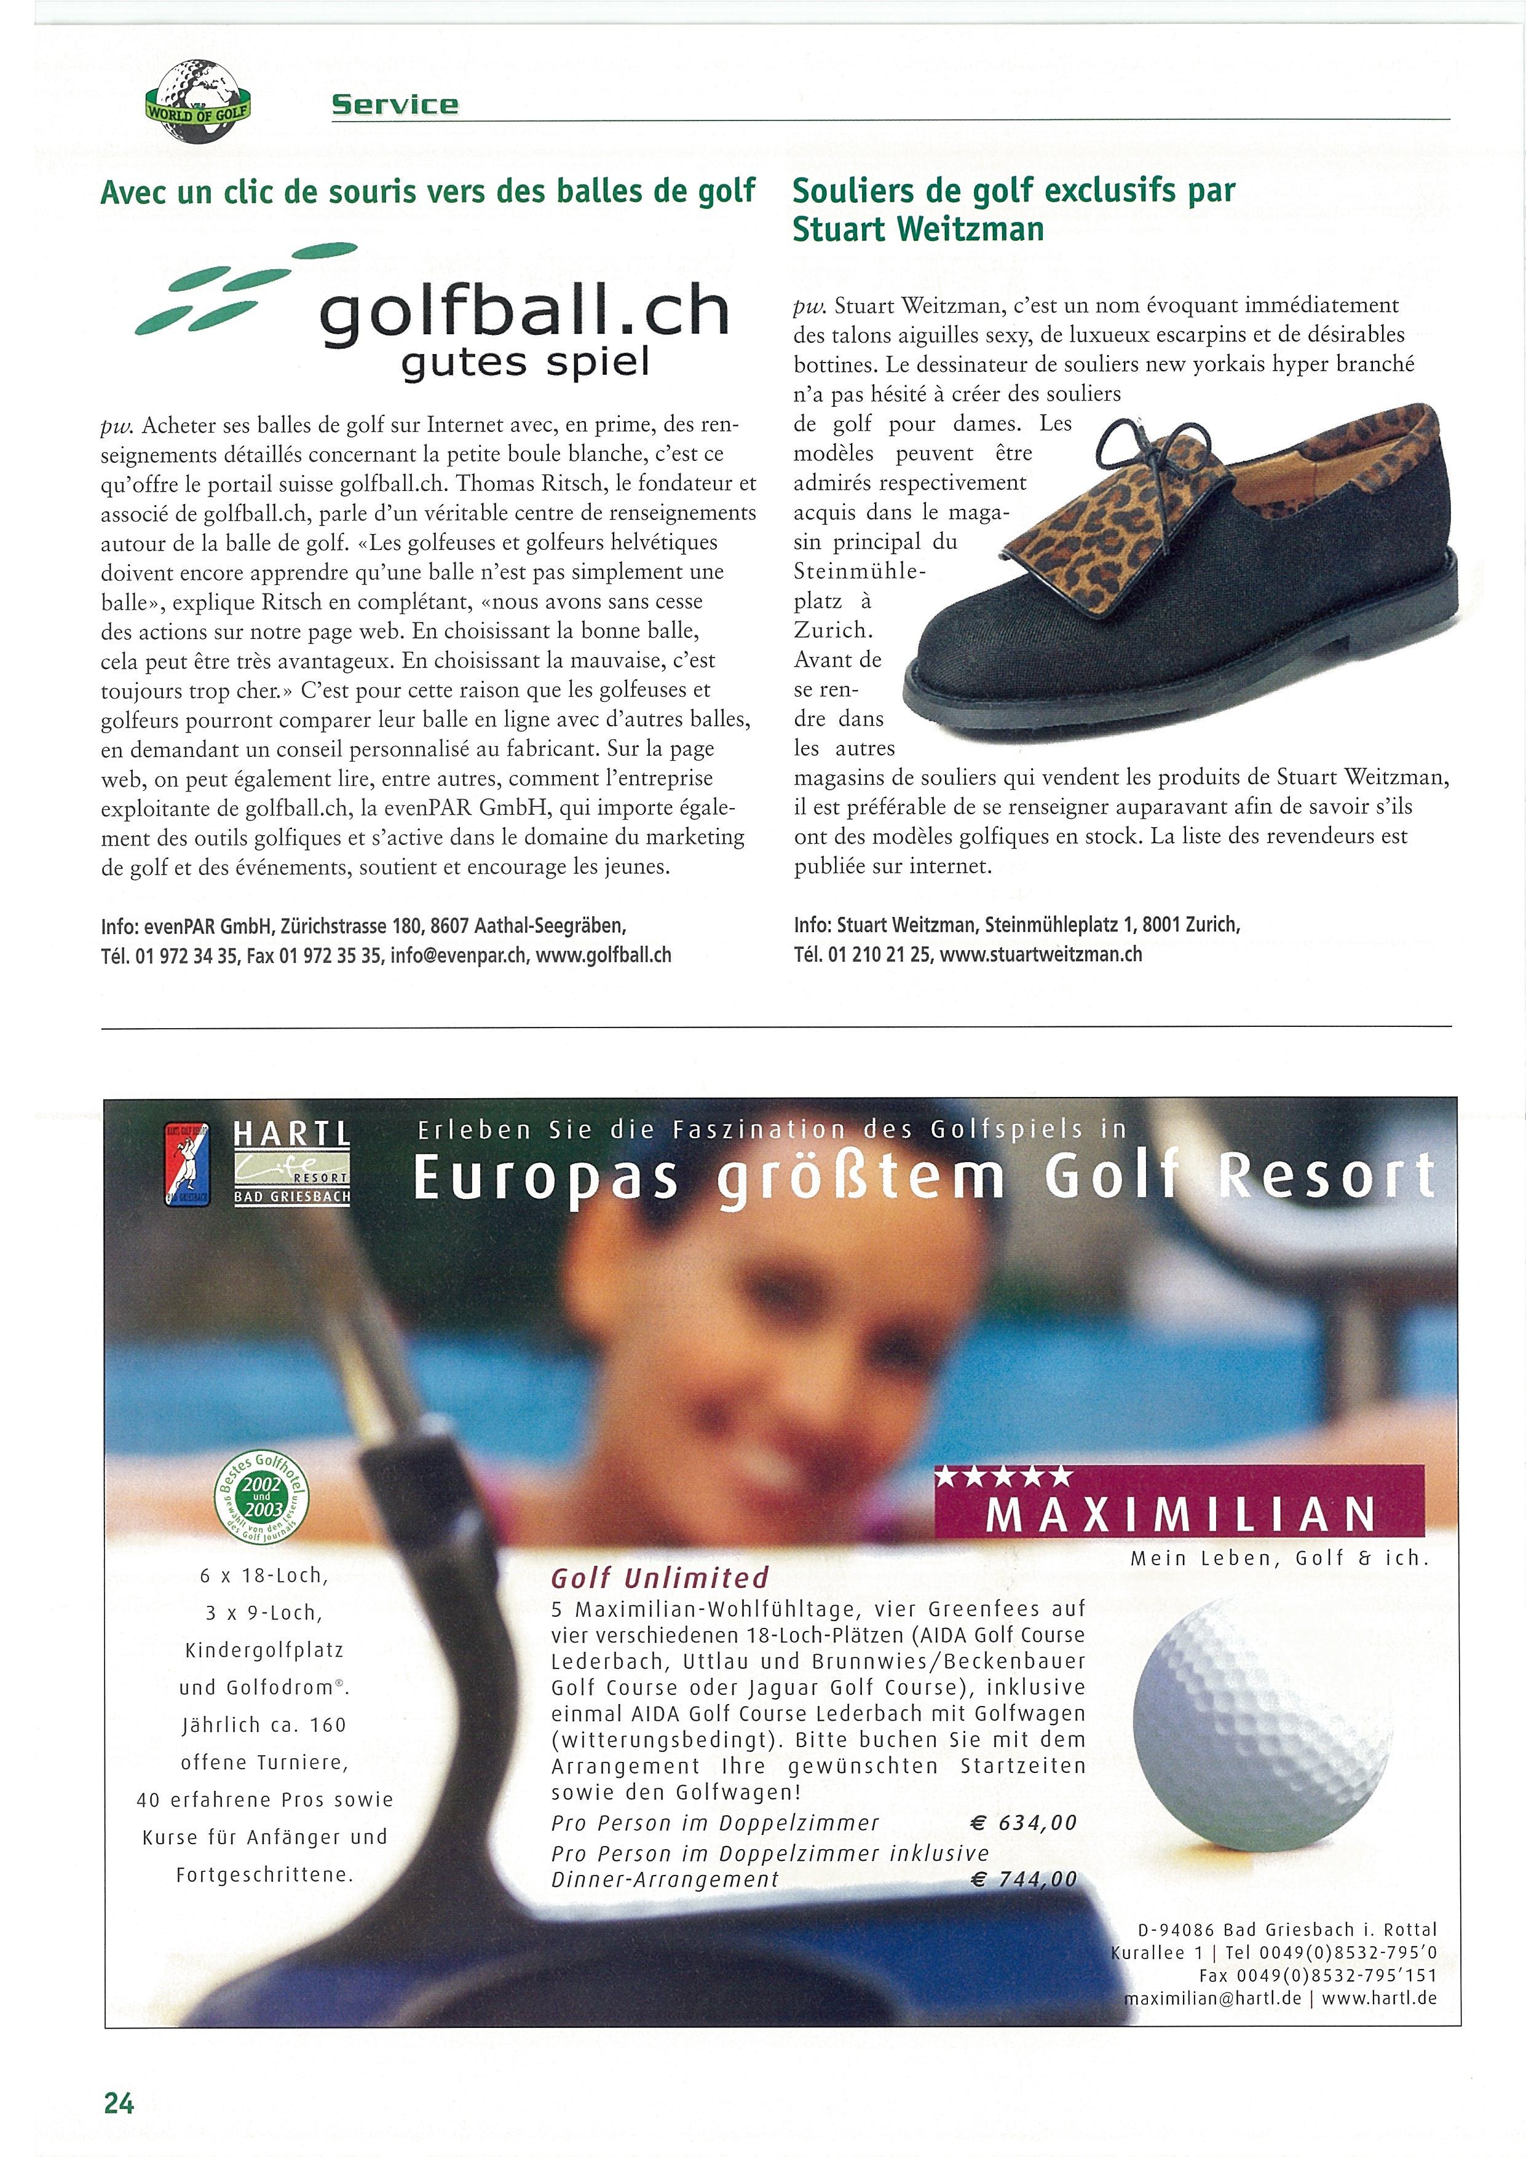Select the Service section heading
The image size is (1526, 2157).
[395, 104]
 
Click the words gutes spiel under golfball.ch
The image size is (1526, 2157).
[525, 363]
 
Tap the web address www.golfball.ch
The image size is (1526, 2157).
[603, 956]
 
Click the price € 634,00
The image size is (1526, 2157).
[1023, 1823]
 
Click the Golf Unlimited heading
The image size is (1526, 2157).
[660, 1578]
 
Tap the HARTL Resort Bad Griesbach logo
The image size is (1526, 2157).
[291, 1163]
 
